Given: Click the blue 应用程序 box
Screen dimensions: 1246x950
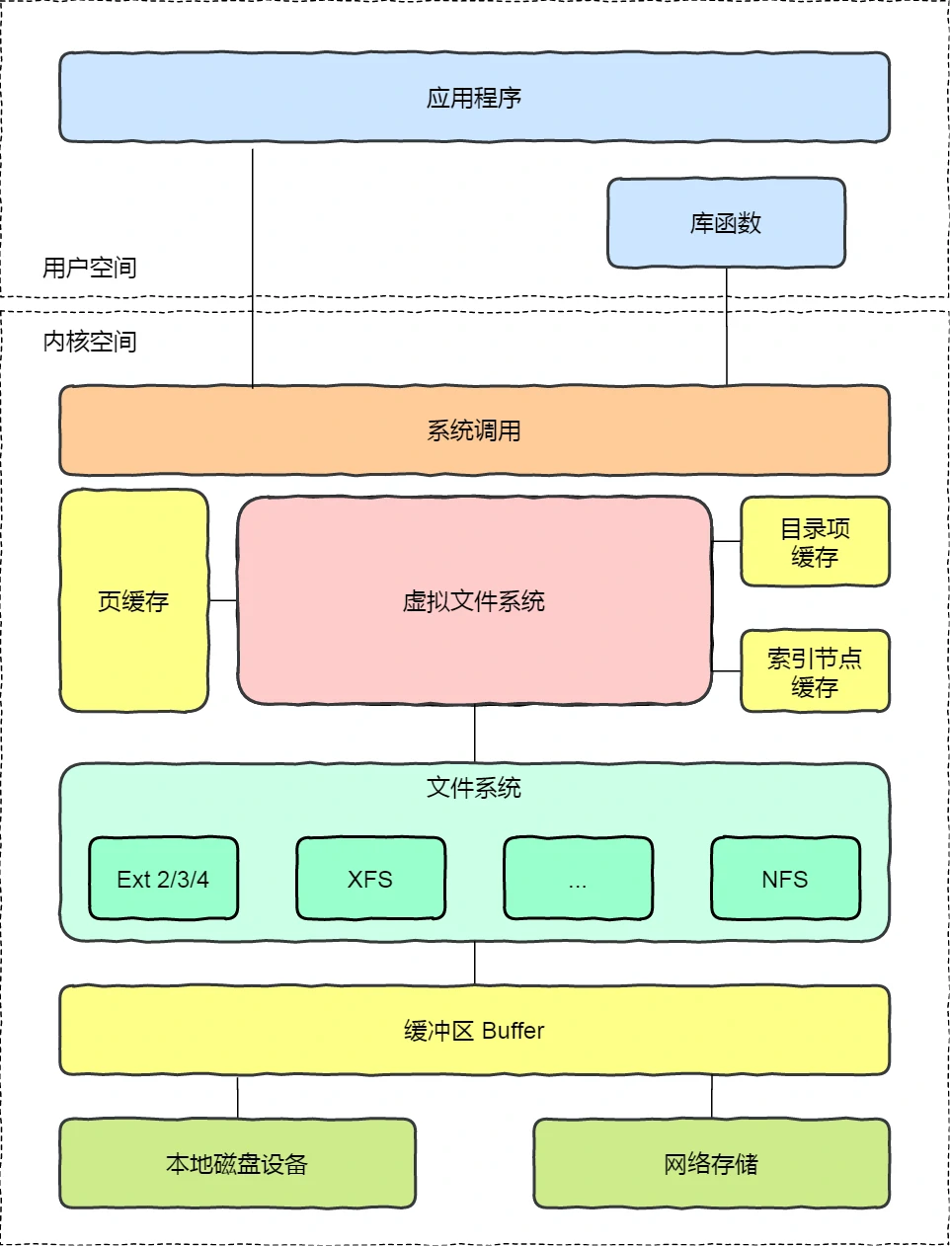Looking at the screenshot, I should [474, 97].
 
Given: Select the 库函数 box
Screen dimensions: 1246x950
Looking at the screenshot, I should [726, 223].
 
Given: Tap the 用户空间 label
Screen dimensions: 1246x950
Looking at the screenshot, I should [89, 268].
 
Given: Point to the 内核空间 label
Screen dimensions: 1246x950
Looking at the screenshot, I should [89, 342].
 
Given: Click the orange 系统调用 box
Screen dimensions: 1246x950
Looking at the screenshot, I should [474, 430].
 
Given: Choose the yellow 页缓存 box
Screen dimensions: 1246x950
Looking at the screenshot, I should [133, 600].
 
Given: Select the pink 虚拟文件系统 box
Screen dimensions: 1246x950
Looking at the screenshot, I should [474, 600].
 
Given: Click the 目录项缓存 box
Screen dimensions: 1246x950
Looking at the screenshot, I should [815, 542].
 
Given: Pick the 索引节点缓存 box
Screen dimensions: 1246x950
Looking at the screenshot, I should [815, 671].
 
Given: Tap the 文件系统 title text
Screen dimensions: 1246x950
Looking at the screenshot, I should [474, 787].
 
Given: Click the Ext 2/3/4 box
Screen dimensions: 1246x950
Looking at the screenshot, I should [163, 879].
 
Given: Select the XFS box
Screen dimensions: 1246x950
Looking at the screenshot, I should [370, 879].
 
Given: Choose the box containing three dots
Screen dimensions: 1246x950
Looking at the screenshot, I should [578, 879].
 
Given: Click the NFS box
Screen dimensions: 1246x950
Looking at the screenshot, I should [785, 879].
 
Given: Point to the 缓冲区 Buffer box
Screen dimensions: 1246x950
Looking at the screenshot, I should [474, 1030].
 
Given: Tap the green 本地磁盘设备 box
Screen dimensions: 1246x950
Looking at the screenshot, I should [237, 1163].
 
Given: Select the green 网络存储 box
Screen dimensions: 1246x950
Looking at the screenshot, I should [711, 1163].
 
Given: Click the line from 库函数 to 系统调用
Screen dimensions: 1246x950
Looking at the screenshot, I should [727, 326].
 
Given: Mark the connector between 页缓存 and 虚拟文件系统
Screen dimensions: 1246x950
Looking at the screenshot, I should [222, 600].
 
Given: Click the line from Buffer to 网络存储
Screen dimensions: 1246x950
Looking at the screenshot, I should [712, 1096].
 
